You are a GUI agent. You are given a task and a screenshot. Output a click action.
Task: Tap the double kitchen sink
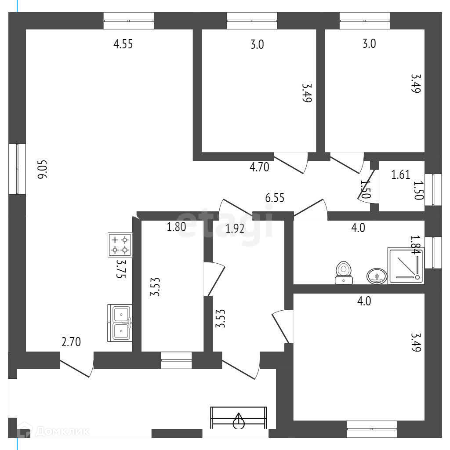click(x=120, y=323)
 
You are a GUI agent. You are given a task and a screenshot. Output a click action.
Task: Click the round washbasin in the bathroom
click(x=377, y=276)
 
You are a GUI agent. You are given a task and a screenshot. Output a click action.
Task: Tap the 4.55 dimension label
click(x=123, y=44)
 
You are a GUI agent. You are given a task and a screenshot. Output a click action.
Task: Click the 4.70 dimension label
click(x=259, y=167)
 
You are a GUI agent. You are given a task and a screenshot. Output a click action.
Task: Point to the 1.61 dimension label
click(x=401, y=175)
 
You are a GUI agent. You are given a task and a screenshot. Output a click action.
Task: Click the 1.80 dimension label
click(x=176, y=227)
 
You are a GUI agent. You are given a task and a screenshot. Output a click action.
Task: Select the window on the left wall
click(x=17, y=169)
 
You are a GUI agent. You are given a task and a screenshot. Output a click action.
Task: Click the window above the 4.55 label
click(x=129, y=20)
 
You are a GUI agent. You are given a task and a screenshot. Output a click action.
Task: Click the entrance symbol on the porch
click(x=239, y=418)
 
